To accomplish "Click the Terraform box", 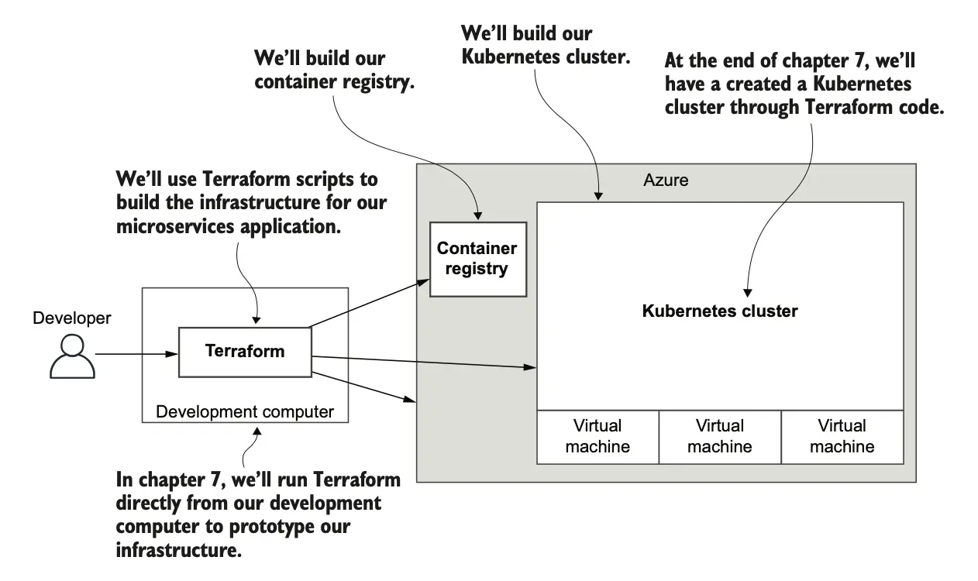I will [x=244, y=352].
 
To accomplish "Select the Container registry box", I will [x=477, y=259].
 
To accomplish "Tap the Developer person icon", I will [x=72, y=356].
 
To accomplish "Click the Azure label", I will [x=666, y=180].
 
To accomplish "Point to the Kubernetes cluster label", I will [x=720, y=311].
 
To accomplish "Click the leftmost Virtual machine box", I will [x=597, y=436].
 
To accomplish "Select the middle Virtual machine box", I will [x=720, y=436].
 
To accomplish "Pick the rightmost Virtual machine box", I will [x=842, y=436].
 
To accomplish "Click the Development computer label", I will [x=245, y=411].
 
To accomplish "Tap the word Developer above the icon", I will [x=72, y=318].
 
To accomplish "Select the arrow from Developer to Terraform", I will [x=136, y=356].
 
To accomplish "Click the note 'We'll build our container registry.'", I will [x=334, y=70].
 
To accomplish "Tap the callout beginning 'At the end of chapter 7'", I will [x=804, y=84].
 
